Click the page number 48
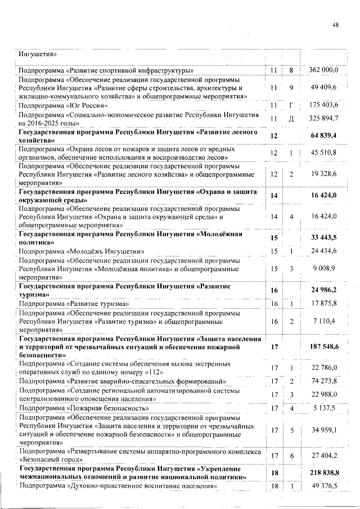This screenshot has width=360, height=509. click(x=335, y=25)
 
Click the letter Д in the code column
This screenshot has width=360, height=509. click(x=291, y=119)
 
